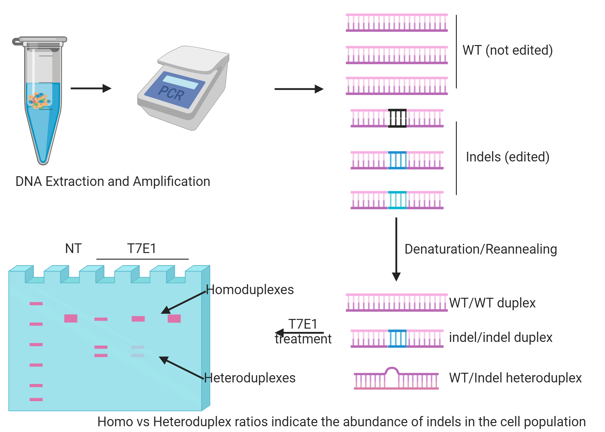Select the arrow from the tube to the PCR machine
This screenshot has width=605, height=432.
pyautogui.click(x=91, y=88)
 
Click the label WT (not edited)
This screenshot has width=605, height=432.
pyautogui.click(x=507, y=50)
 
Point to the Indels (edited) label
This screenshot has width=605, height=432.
pyautogui.click(x=507, y=157)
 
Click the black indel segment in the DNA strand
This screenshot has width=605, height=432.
pyautogui.click(x=397, y=118)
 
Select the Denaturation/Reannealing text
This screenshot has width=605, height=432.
pyautogui.click(x=480, y=249)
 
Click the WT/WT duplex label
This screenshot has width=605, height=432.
pyautogui.click(x=492, y=303)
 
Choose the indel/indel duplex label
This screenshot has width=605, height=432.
pyautogui.click(x=500, y=337)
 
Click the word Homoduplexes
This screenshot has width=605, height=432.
pyautogui.click(x=250, y=290)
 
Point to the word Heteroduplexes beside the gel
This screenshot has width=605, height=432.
pyautogui.click(x=250, y=378)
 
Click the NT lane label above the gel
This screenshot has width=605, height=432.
pyautogui.click(x=73, y=248)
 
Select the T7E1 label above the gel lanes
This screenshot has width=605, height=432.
pyautogui.click(x=142, y=248)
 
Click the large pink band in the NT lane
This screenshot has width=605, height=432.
pyautogui.click(x=70, y=318)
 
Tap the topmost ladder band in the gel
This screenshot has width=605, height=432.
pyautogui.click(x=36, y=304)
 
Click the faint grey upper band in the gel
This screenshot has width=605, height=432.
pyautogui.click(x=138, y=347)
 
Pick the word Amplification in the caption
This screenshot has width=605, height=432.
pyautogui.click(x=171, y=181)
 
